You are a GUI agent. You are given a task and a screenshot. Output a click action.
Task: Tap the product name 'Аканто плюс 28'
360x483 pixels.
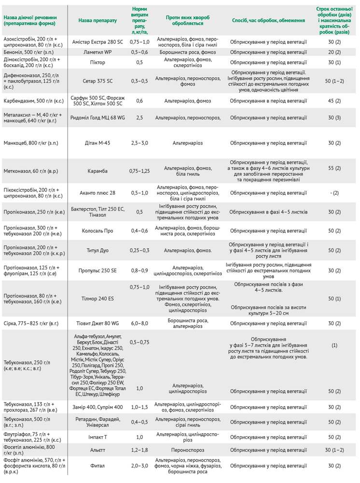coord(97,193)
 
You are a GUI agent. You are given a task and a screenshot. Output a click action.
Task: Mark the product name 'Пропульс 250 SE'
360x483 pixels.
coord(97,271)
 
